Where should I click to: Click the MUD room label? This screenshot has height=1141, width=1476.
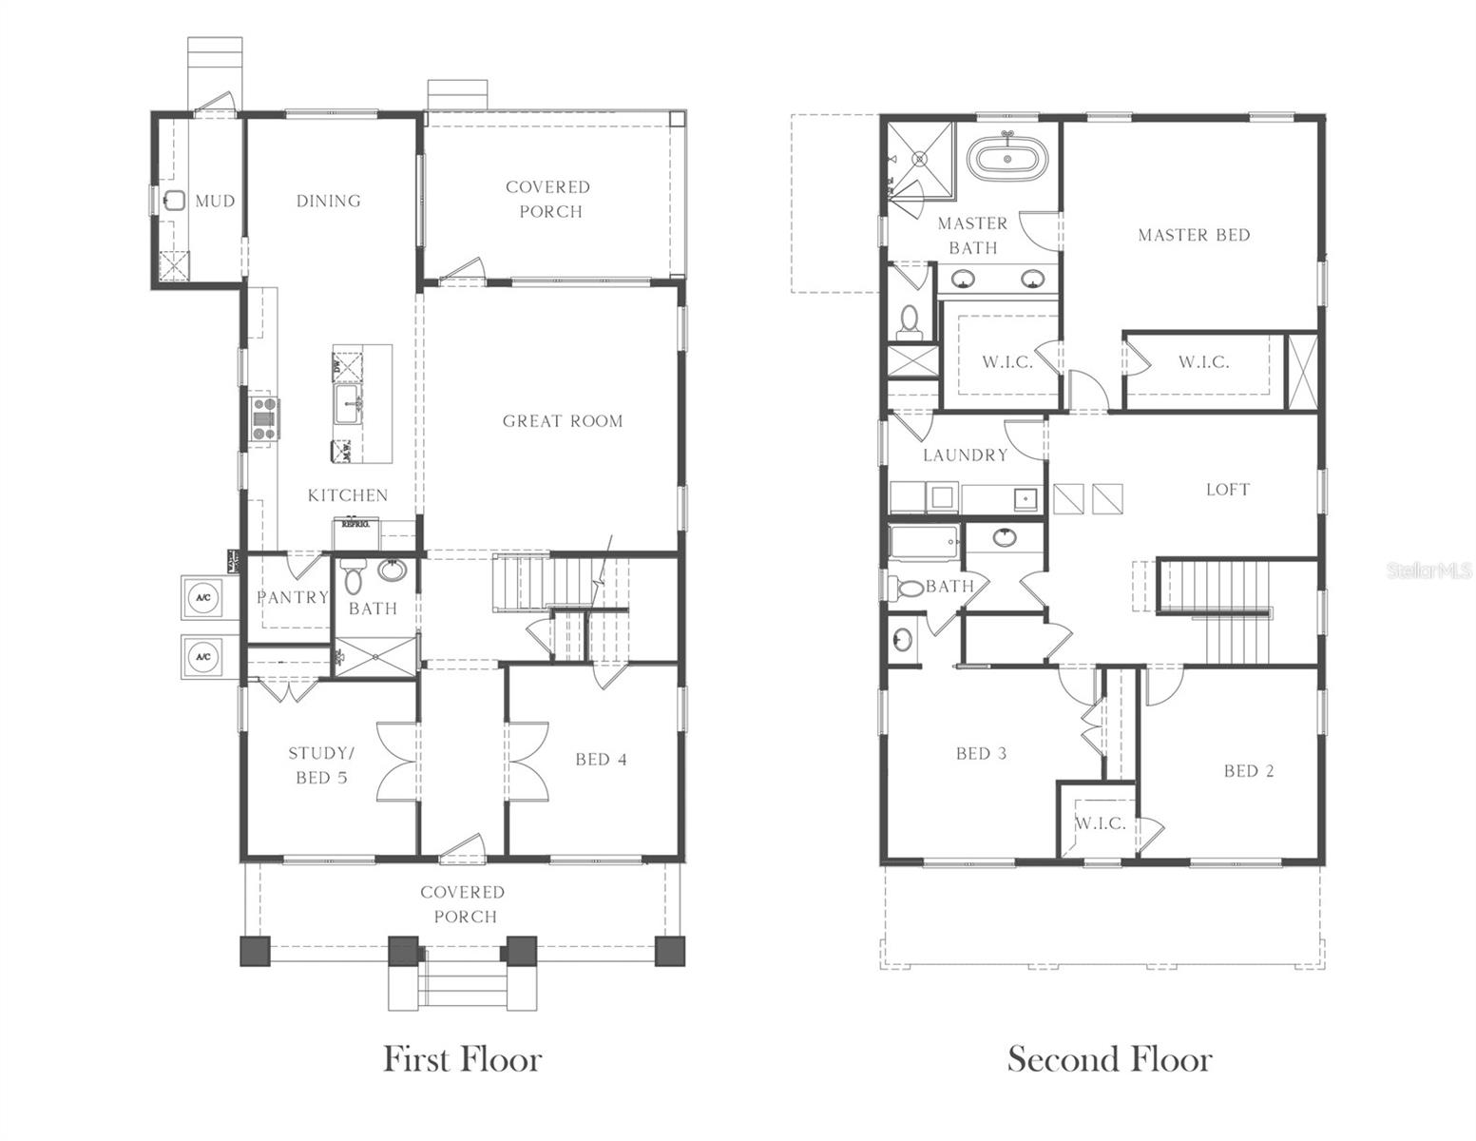215,201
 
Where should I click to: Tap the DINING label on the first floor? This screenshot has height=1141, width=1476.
328,201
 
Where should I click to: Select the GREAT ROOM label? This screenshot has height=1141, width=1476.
563,421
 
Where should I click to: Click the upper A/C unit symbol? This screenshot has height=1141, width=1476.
202,598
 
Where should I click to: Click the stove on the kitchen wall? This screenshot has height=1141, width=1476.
265,417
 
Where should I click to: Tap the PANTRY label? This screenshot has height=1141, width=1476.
292,597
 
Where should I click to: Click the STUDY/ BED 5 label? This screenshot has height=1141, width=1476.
318,765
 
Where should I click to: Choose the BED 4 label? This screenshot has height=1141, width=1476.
601,759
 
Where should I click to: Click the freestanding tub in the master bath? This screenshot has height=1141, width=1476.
1007,158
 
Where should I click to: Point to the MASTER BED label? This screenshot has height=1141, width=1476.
1194,235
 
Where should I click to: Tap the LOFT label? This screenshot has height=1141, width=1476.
1227,490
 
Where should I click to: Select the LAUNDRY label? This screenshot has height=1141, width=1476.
965,455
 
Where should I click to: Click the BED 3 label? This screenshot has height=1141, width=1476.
981,754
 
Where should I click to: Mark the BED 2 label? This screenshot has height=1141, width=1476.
1248,771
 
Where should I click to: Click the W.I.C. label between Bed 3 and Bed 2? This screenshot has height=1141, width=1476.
1101,823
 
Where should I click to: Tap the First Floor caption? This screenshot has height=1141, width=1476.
462,1059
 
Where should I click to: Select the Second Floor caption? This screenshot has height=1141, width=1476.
1109,1059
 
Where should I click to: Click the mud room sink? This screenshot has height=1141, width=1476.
175,201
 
